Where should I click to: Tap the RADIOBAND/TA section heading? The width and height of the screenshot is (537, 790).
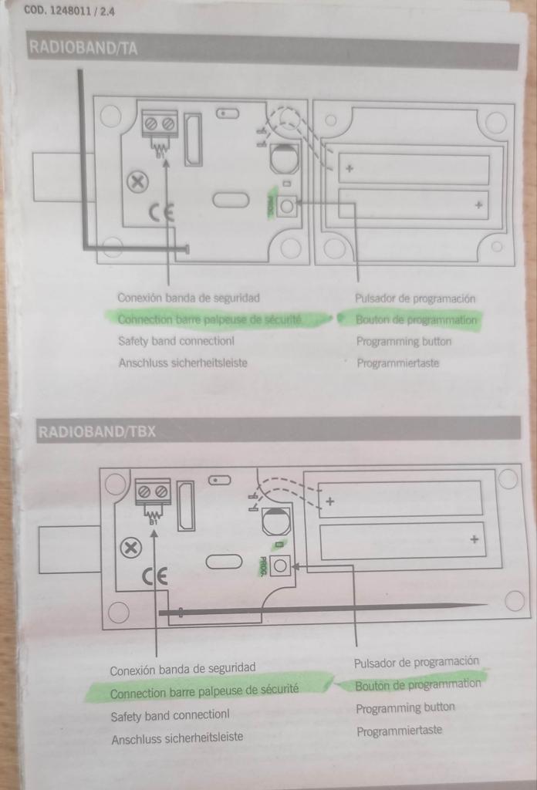pos(83,49)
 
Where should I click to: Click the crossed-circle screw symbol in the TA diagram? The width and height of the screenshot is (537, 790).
pos(137,182)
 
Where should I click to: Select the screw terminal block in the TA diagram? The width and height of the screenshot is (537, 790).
pos(160,123)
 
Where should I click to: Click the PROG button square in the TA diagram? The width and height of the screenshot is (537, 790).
pos(286,206)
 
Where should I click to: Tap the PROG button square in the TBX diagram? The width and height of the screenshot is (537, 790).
pos(280,566)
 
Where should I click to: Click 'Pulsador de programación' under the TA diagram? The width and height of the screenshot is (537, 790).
pos(415,298)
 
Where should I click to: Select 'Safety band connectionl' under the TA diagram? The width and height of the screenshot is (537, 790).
pos(176,340)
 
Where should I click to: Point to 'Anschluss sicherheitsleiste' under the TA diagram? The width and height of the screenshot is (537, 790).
pos(183,362)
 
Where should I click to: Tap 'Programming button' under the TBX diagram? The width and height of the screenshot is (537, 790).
pos(405,707)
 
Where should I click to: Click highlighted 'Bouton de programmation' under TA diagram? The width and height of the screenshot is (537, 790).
pos(416,319)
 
